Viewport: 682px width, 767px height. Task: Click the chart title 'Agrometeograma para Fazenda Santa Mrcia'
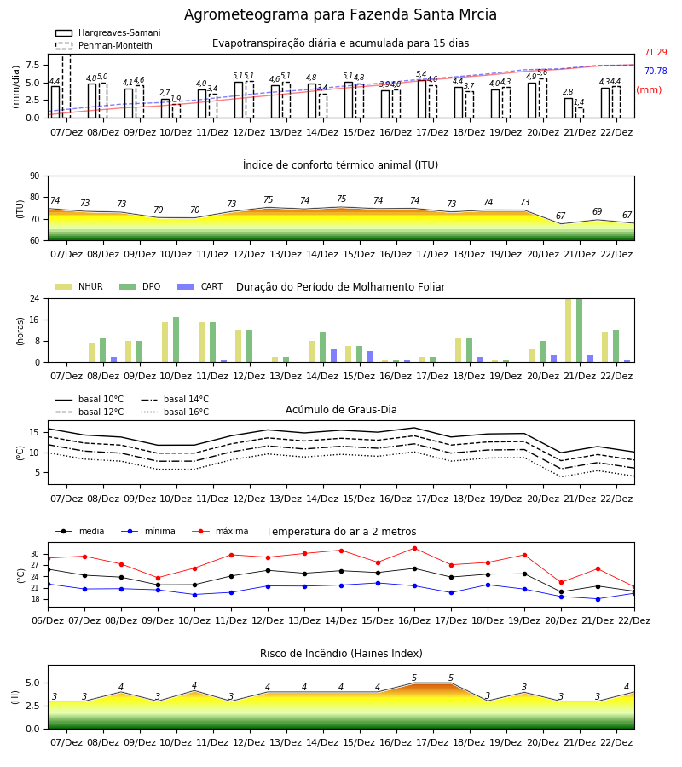[340, 14]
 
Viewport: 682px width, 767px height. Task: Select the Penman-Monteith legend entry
[104, 45]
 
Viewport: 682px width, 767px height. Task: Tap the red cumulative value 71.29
[656, 52]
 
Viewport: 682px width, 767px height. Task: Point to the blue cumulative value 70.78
[656, 71]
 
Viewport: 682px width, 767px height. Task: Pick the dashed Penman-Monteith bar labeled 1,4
[579, 113]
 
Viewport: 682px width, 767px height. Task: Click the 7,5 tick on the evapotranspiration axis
[32, 65]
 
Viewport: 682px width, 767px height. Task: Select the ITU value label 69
[597, 212]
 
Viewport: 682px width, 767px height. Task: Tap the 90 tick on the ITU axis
[35, 176]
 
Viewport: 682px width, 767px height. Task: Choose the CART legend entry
[200, 286]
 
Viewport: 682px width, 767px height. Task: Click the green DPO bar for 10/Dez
[176, 340]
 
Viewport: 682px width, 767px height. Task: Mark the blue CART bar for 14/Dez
[333, 355]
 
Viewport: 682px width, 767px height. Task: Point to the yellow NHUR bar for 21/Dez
[568, 331]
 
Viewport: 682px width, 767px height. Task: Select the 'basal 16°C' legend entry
[175, 412]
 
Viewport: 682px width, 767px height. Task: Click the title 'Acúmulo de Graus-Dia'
[341, 410]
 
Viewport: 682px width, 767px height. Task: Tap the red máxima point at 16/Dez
[415, 548]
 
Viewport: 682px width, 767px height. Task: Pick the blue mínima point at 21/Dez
[598, 599]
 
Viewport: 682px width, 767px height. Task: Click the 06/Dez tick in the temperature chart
[48, 620]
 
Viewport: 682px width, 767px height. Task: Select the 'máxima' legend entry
[220, 531]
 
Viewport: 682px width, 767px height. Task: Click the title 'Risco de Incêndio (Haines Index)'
[341, 654]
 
